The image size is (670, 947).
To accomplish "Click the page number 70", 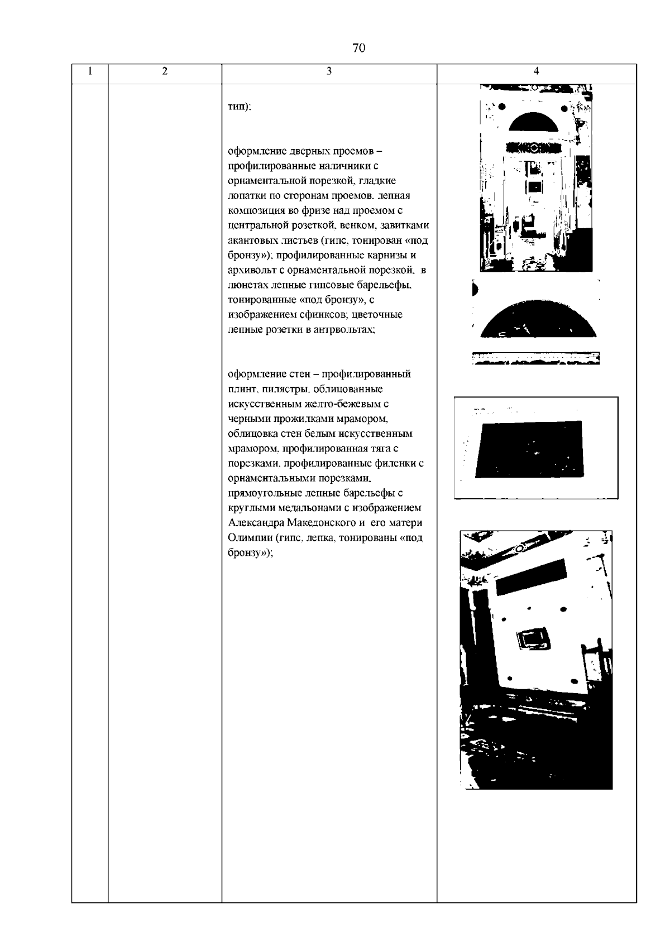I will (359, 48).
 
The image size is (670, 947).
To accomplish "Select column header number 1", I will (90, 71).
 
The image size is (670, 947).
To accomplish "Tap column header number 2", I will (164, 71).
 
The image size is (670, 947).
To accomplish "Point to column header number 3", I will (329, 71).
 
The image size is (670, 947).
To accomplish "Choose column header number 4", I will (536, 71).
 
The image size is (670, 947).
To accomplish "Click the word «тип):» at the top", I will (240, 108).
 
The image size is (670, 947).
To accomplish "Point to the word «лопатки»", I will (245, 196).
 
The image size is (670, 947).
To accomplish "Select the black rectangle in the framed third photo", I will (529, 449).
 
